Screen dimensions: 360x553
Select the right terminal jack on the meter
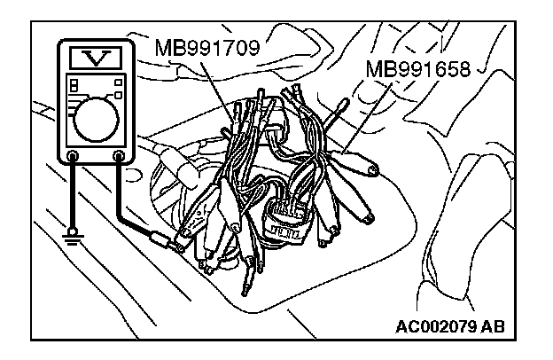[x=119, y=158]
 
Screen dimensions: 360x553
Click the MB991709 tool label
[x=206, y=46]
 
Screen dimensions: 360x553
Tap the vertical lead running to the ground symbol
[x=71, y=195]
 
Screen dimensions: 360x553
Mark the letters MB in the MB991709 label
[x=169, y=46]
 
